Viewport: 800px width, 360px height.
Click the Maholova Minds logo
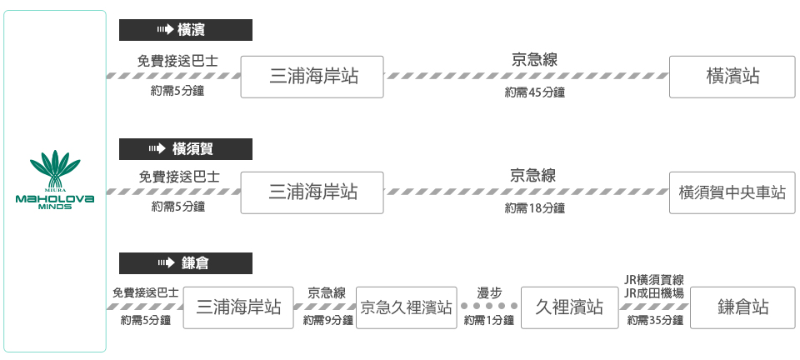[x=55, y=180]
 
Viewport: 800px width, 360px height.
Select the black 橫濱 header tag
[x=186, y=31]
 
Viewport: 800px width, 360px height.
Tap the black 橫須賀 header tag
[x=186, y=149]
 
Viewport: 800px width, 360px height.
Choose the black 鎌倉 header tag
[x=186, y=263]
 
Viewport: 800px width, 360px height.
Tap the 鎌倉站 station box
[x=742, y=307]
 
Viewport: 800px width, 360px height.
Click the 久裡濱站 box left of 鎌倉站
[x=569, y=307]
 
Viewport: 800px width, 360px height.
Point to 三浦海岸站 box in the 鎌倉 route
[x=238, y=307]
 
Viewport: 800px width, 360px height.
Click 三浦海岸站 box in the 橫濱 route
[x=312, y=77]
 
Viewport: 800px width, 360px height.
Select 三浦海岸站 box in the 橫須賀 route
[x=312, y=192]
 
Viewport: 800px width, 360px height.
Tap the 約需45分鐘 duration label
[x=535, y=92]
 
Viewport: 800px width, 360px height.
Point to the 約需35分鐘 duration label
[x=655, y=321]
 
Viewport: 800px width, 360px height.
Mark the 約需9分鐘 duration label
[x=327, y=321]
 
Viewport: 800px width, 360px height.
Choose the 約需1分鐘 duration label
[x=489, y=321]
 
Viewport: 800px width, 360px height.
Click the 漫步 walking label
[x=489, y=292]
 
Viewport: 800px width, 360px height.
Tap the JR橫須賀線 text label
[x=654, y=280]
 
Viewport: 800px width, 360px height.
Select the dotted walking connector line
[x=489, y=307]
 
